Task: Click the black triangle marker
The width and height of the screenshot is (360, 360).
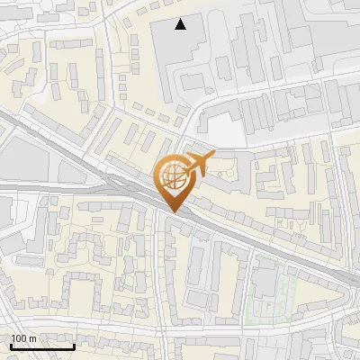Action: click(x=181, y=24)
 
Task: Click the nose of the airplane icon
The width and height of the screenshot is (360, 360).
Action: click(x=212, y=157)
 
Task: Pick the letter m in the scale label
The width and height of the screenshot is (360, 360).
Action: click(x=34, y=338)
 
